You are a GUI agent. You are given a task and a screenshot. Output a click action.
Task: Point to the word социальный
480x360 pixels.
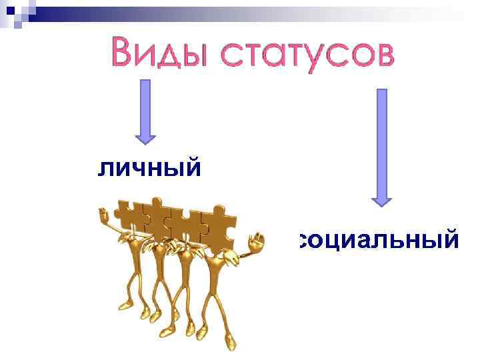(379, 240)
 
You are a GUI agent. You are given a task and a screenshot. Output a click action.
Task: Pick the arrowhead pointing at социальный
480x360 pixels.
(381, 198)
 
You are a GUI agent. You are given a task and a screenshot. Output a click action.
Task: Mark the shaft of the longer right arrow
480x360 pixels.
(382, 140)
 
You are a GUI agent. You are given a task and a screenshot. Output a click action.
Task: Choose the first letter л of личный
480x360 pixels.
(107, 169)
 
